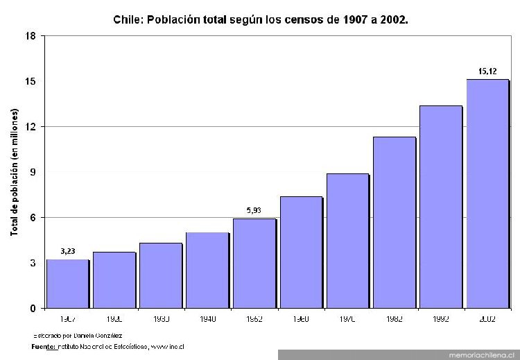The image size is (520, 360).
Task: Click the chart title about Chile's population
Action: [x=261, y=19]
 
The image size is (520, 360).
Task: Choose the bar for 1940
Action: [x=207, y=270]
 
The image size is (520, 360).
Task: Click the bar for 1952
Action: [x=254, y=263]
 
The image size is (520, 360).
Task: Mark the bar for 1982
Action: [x=394, y=222]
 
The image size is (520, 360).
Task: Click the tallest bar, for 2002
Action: [x=487, y=194]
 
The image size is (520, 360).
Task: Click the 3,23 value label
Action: [x=68, y=251]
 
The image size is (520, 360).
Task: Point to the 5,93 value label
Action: [x=254, y=210]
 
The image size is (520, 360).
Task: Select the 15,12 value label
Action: [x=487, y=71]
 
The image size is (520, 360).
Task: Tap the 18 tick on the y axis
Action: [x=31, y=36]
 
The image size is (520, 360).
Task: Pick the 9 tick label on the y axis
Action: [x=33, y=172]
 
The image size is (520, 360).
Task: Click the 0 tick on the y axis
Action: [x=33, y=308]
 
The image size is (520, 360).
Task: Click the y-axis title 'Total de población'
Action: [x=14, y=172]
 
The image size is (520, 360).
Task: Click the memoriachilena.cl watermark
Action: [x=478, y=354]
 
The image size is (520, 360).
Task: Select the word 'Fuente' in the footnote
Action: [x=44, y=345]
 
